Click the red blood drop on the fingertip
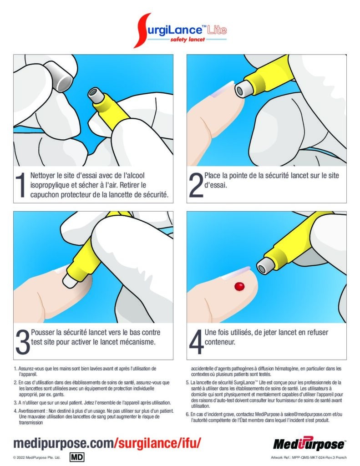239,286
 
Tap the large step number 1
20,185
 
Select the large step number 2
196,185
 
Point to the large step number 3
23,342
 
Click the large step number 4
197,342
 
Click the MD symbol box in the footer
77,457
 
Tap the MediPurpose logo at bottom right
309,444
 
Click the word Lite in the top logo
217,30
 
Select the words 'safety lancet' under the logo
188,40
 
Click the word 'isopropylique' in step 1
49,185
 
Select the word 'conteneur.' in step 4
220,342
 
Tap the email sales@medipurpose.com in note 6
307,414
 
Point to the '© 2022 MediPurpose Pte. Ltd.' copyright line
37,457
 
